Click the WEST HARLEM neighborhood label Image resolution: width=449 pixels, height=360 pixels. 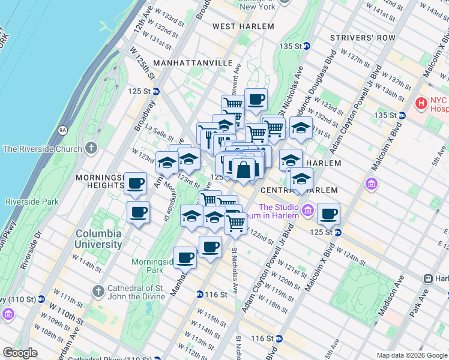(x=243, y=26)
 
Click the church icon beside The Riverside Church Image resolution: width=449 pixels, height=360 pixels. (x=91, y=148)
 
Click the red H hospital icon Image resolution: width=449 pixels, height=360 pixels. (x=421, y=104)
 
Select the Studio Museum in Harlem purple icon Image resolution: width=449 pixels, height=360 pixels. (x=308, y=210)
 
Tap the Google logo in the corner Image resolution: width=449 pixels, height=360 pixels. (x=20, y=353)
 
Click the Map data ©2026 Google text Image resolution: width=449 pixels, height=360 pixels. (x=412, y=355)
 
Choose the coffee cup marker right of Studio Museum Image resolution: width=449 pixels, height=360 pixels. (x=328, y=213)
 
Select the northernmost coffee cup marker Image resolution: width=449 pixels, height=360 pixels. (x=256, y=99)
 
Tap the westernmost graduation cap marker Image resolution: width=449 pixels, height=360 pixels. (x=167, y=162)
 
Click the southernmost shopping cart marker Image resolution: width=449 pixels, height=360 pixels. (x=236, y=224)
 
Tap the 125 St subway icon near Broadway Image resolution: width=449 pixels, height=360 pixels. (x=155, y=91)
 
